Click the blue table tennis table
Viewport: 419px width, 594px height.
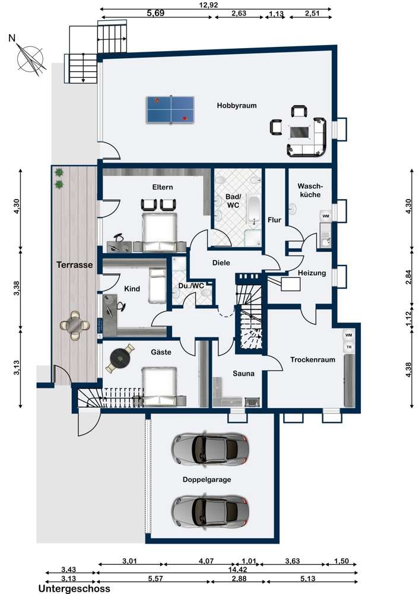tap(170, 110)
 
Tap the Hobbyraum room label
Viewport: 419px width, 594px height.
tap(237, 106)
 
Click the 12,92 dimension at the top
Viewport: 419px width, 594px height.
tap(208, 5)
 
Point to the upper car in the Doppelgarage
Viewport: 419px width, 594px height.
tap(211, 449)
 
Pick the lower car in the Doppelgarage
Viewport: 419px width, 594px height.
tap(211, 511)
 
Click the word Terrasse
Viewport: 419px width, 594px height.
tap(75, 265)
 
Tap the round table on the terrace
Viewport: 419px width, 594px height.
tap(75, 325)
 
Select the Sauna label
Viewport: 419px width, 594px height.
tap(243, 374)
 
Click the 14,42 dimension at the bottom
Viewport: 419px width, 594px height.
tap(235, 570)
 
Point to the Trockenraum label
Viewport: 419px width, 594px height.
tap(313, 359)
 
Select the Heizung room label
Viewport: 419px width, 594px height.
tap(312, 273)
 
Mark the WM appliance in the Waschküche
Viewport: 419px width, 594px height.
tap(325, 216)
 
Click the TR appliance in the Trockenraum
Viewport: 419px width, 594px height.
tap(348, 347)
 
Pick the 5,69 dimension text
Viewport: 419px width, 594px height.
tap(155, 13)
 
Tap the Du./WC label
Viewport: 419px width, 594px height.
tap(192, 286)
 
